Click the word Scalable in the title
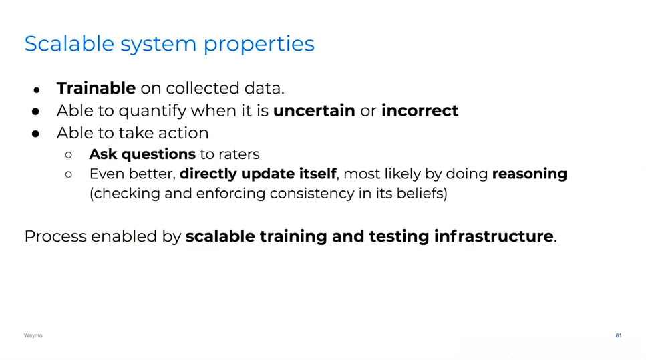(69, 43)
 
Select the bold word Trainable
(96, 88)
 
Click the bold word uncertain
(314, 110)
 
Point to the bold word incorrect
(420, 110)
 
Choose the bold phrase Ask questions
(142, 154)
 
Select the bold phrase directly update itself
(258, 174)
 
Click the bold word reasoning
(529, 174)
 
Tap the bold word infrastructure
(494, 236)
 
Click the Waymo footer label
(33, 336)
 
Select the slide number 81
(619, 336)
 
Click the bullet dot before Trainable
(37, 89)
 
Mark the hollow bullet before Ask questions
(68, 155)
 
